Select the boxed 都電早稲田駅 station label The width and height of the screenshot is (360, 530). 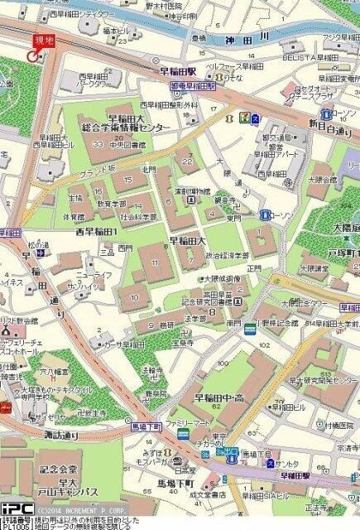[193, 85]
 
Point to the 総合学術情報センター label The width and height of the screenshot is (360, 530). [127, 127]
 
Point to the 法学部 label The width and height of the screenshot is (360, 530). [194, 319]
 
